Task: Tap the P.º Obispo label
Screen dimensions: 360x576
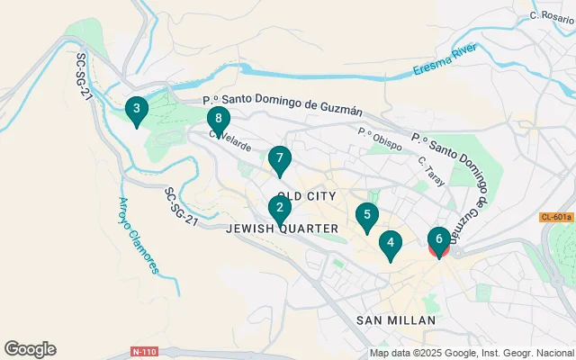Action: pos(379,136)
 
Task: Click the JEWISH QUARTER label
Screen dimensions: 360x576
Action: pos(283,229)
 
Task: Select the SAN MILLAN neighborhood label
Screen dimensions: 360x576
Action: pos(396,320)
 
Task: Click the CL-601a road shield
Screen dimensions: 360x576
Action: pos(555,218)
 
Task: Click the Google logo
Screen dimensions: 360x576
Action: pos(30,349)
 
